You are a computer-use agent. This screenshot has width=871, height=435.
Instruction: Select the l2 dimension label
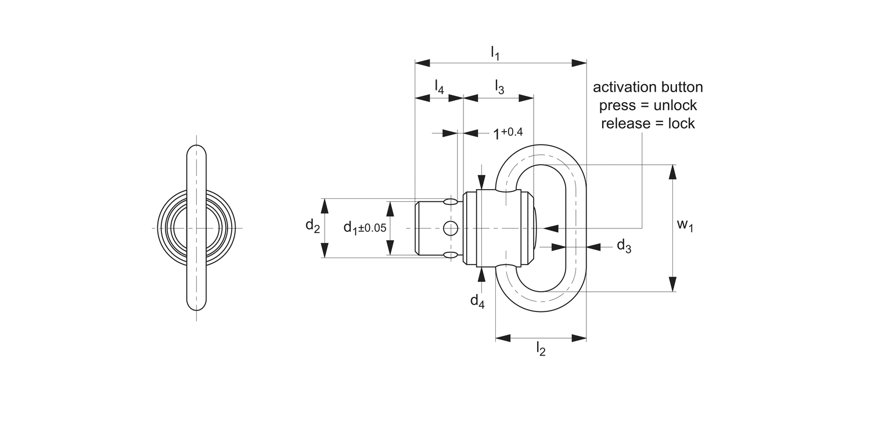tap(541, 348)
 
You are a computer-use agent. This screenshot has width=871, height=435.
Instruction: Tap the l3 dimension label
tap(499, 86)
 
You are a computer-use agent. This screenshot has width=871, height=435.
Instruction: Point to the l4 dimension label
tap(439, 86)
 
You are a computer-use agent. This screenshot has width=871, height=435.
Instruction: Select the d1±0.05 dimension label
tap(364, 227)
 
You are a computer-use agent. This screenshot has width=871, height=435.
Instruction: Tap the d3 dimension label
tap(624, 246)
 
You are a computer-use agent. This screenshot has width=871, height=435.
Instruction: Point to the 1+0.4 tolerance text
tap(508, 133)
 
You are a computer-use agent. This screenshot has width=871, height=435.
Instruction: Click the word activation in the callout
tap(622, 87)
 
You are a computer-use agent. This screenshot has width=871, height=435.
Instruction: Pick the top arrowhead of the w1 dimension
tap(672, 172)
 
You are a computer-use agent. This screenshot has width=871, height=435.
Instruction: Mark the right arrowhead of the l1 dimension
tap(579, 63)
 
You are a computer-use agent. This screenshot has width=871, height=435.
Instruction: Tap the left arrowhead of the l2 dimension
tap(503, 338)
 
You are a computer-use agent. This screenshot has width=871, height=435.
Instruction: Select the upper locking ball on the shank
tap(451, 202)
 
